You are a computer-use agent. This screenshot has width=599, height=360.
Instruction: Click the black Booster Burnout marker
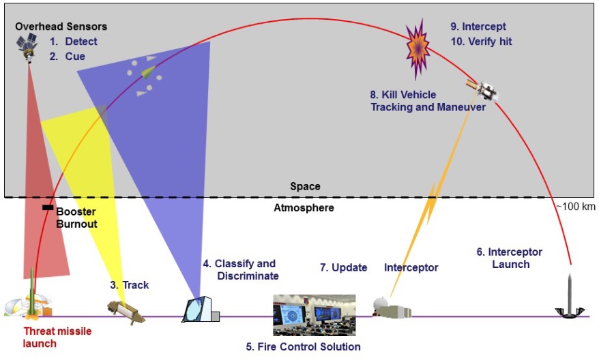[x=48, y=207]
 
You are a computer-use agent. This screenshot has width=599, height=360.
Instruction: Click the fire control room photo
[x=314, y=315]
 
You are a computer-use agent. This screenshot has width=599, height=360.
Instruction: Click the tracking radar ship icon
[x=126, y=310]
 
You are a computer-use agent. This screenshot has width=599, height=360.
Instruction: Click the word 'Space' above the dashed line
[x=304, y=186]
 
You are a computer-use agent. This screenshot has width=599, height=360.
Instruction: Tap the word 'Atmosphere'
[x=304, y=207]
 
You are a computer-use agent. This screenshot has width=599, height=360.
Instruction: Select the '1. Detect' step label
[x=73, y=42]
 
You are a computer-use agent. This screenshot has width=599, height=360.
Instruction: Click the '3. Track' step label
[x=129, y=285]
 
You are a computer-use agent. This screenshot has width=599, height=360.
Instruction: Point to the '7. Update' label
[x=343, y=267]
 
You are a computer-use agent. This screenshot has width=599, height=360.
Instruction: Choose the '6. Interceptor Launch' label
[x=510, y=258]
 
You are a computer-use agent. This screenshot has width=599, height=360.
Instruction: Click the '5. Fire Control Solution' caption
[x=303, y=347]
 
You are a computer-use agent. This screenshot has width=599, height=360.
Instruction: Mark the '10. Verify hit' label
[x=480, y=42]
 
